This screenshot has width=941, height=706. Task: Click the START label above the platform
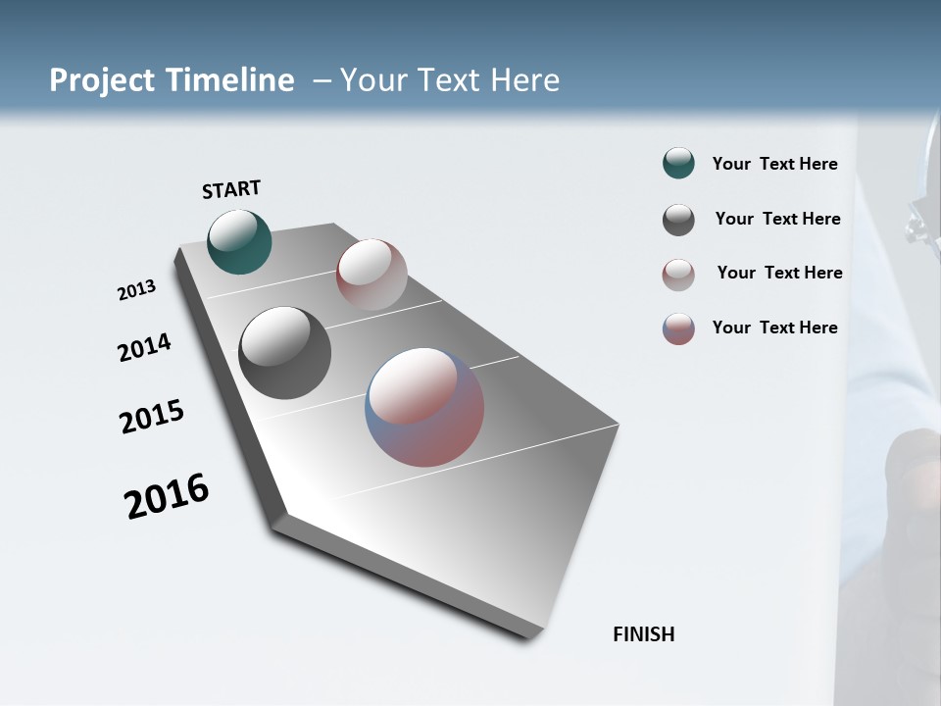[231, 189]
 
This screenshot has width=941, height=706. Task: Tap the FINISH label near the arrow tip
[643, 634]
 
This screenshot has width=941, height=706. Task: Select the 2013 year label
[137, 290]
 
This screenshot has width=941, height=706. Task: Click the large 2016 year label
[167, 496]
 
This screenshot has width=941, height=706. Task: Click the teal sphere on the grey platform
[239, 241]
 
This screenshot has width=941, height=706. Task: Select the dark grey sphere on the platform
[284, 353]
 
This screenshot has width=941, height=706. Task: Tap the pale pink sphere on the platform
[371, 275]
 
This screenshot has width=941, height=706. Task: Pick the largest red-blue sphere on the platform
[424, 407]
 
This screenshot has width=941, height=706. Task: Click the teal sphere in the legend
[678, 164]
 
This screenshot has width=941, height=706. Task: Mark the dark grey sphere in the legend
[678, 220]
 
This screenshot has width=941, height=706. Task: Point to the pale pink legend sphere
[678, 275]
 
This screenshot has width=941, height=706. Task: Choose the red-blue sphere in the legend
[678, 328]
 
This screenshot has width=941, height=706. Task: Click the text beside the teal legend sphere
[774, 165]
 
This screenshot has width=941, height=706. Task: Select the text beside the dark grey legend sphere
[777, 219]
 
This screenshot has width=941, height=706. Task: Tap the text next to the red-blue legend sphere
[774, 328]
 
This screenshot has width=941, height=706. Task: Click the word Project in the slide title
[103, 80]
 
